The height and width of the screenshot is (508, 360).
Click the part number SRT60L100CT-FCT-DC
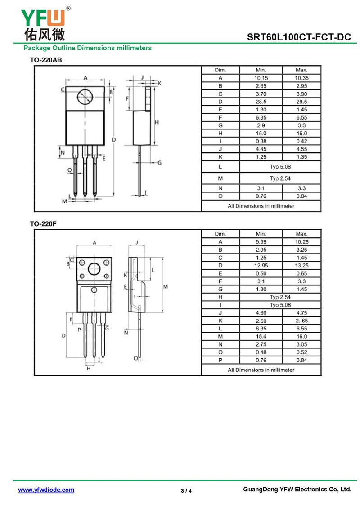click(x=299, y=37)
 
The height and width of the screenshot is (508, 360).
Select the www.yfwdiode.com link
click(x=46, y=490)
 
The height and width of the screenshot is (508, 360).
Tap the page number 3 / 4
click(x=186, y=490)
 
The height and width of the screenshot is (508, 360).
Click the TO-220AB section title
click(x=46, y=60)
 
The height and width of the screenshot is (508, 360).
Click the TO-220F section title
click(x=43, y=224)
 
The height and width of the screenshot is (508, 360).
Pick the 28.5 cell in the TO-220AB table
click(x=261, y=102)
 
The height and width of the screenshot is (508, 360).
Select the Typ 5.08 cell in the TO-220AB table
click(x=280, y=167)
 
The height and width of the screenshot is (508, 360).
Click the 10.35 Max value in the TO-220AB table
click(x=301, y=78)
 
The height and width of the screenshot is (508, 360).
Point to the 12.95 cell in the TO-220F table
click(x=261, y=265)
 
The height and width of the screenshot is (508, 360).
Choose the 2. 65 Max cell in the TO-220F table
click(x=301, y=321)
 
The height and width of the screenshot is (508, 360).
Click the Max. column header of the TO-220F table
click(x=301, y=234)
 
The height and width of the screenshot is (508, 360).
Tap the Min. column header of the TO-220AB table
click(x=261, y=70)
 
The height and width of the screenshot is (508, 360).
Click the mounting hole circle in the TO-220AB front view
click(x=85, y=96)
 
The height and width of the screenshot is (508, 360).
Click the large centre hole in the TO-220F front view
click(x=94, y=269)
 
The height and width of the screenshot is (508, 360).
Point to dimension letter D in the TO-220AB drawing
click(x=114, y=140)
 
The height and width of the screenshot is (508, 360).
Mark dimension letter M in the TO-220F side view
click(x=165, y=286)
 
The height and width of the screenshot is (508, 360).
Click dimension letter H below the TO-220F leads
click(x=89, y=369)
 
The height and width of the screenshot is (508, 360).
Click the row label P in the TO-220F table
click(x=220, y=360)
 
